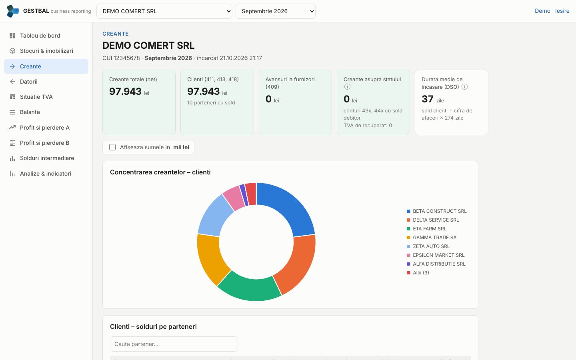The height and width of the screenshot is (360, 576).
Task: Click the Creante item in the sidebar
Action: [x=46, y=66]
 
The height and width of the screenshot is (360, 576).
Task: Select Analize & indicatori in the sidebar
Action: [x=46, y=174]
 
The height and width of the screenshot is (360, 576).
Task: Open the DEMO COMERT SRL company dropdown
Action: [x=164, y=11]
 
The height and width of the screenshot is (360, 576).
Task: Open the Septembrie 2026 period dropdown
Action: [x=275, y=11]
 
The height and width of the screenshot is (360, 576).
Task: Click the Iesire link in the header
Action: [x=562, y=11]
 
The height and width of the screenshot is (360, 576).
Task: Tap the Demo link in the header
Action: [x=542, y=11]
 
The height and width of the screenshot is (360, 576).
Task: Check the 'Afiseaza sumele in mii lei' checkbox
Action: [x=112, y=147]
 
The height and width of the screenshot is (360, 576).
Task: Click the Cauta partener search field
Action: [x=174, y=344]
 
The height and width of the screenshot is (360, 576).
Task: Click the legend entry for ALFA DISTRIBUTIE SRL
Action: [x=436, y=264]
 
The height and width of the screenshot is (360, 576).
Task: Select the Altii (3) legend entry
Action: [x=418, y=272]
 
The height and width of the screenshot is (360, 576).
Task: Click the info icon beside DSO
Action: [x=464, y=87]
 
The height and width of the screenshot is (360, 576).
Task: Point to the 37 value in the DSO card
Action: [x=428, y=99]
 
